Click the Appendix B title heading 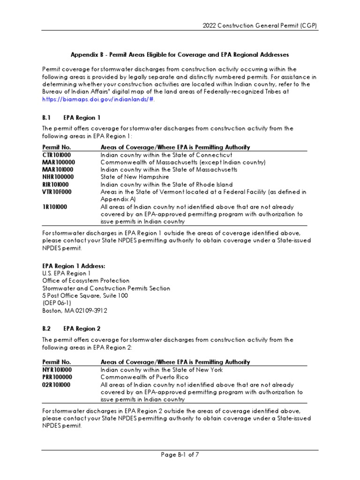coord(180,54)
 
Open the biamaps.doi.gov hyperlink coord(97,99)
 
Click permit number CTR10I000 coord(57,155)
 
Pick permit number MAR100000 coord(59,162)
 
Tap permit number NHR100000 coord(59,177)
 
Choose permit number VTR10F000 coord(58,192)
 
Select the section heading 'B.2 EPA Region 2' coord(71,329)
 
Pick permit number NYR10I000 coord(57,370)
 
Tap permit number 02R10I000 coord(56,385)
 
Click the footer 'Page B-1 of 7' coord(180,454)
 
